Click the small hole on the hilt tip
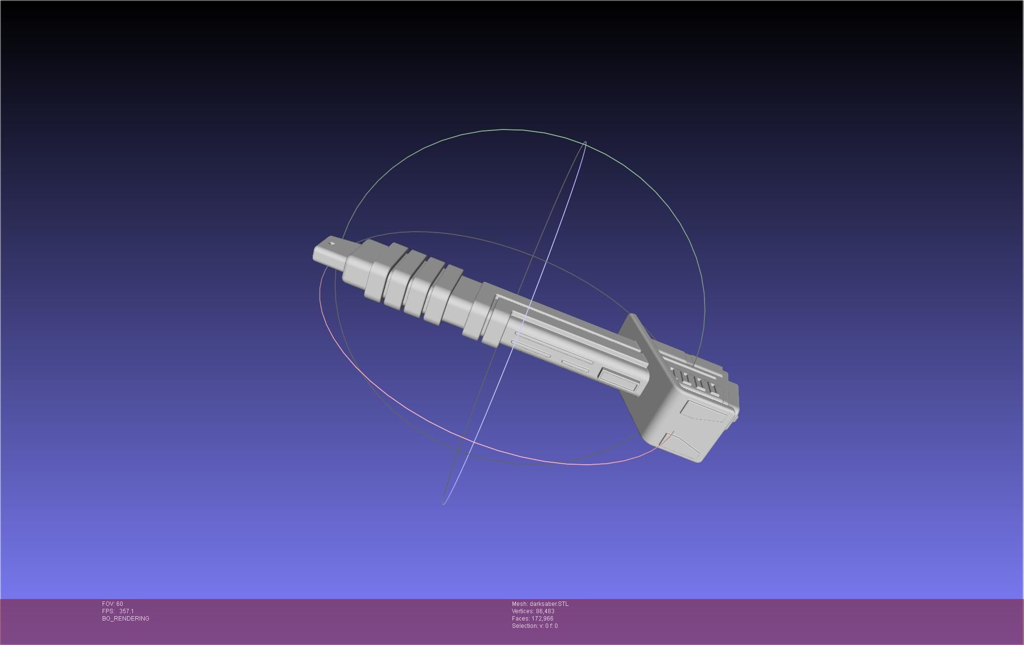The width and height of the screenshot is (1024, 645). (332, 244)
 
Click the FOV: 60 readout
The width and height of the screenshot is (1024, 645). (112, 604)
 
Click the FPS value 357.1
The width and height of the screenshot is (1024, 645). (126, 611)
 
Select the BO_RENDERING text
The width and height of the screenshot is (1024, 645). (126, 619)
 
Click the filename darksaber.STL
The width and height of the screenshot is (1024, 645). (549, 604)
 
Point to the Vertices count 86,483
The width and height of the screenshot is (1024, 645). (545, 611)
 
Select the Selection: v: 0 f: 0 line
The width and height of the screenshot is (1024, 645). (534, 626)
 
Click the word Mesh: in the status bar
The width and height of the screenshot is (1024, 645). (519, 604)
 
